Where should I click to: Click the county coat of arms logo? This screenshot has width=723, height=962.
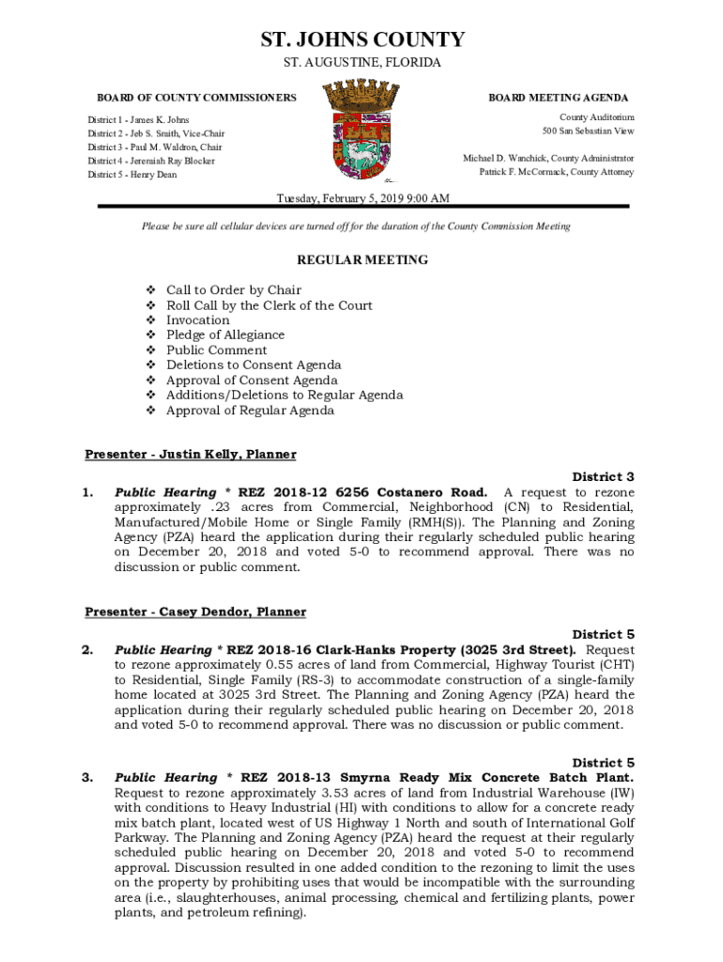pyautogui.click(x=361, y=132)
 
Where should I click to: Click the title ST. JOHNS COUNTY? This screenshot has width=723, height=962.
pyautogui.click(x=361, y=39)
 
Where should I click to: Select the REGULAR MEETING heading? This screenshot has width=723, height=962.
pyautogui.click(x=362, y=260)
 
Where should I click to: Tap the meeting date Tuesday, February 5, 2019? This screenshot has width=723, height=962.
pyautogui.click(x=361, y=198)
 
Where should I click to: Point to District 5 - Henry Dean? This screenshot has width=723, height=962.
pyautogui.click(x=132, y=175)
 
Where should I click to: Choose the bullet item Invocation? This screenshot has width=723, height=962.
pyautogui.click(x=197, y=320)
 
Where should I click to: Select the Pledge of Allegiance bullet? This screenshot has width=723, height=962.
pyautogui.click(x=225, y=335)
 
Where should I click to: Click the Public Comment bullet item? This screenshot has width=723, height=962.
pyautogui.click(x=216, y=350)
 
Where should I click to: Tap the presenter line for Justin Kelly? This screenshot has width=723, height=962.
pyautogui.click(x=191, y=455)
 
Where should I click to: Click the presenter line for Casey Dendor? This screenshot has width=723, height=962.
pyautogui.click(x=195, y=613)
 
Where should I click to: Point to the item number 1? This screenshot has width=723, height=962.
pyautogui.click(x=87, y=492)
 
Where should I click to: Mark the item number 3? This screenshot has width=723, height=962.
pyautogui.click(x=87, y=778)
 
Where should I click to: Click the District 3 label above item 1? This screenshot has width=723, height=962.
pyautogui.click(x=603, y=477)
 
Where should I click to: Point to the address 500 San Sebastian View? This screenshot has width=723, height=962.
pyautogui.click(x=588, y=131)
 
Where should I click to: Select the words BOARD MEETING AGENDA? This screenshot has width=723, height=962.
pyautogui.click(x=558, y=98)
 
